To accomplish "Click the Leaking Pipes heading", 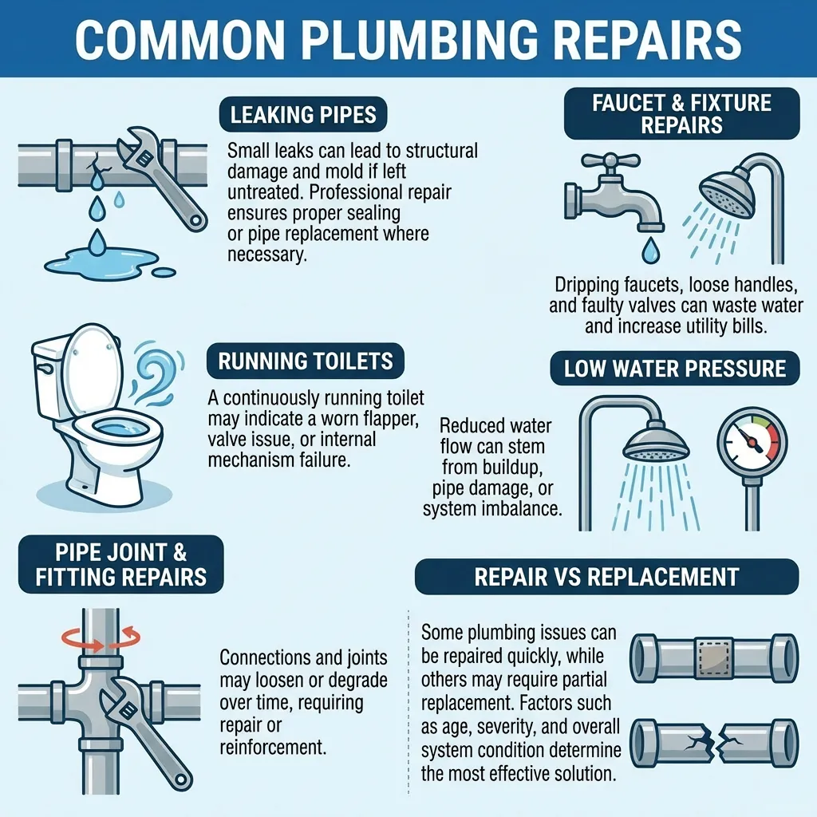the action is pyautogui.click(x=303, y=115).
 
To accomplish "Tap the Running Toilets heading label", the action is pyautogui.click(x=306, y=361).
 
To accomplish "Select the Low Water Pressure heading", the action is pyautogui.click(x=675, y=369).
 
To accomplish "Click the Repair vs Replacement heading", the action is pyautogui.click(x=606, y=577).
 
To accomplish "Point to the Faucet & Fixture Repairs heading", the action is pyautogui.click(x=681, y=113).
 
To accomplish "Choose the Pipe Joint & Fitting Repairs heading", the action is pyautogui.click(x=121, y=564).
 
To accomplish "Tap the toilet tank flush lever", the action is pyautogui.click(x=45, y=369).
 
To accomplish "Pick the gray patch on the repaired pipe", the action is pyautogui.click(x=714, y=657).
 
